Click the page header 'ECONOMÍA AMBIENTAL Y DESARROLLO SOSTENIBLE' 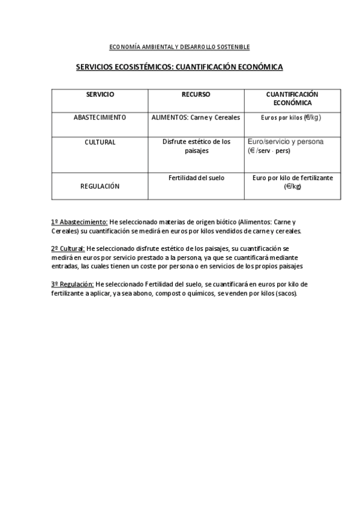[180, 47]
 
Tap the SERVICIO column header [100, 95]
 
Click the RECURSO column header [196, 95]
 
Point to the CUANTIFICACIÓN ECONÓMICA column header [292, 98]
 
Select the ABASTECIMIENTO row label [100, 118]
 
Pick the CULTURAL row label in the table [100, 142]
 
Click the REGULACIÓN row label [100, 186]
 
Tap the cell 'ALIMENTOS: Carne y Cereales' [196, 118]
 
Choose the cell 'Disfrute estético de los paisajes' [196, 146]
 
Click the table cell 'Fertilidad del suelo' [196, 178]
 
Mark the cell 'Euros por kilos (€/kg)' [292, 118]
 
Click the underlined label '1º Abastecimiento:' [80, 221]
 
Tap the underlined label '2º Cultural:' [68, 248]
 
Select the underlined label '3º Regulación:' [73, 284]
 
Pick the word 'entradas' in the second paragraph [64, 266]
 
